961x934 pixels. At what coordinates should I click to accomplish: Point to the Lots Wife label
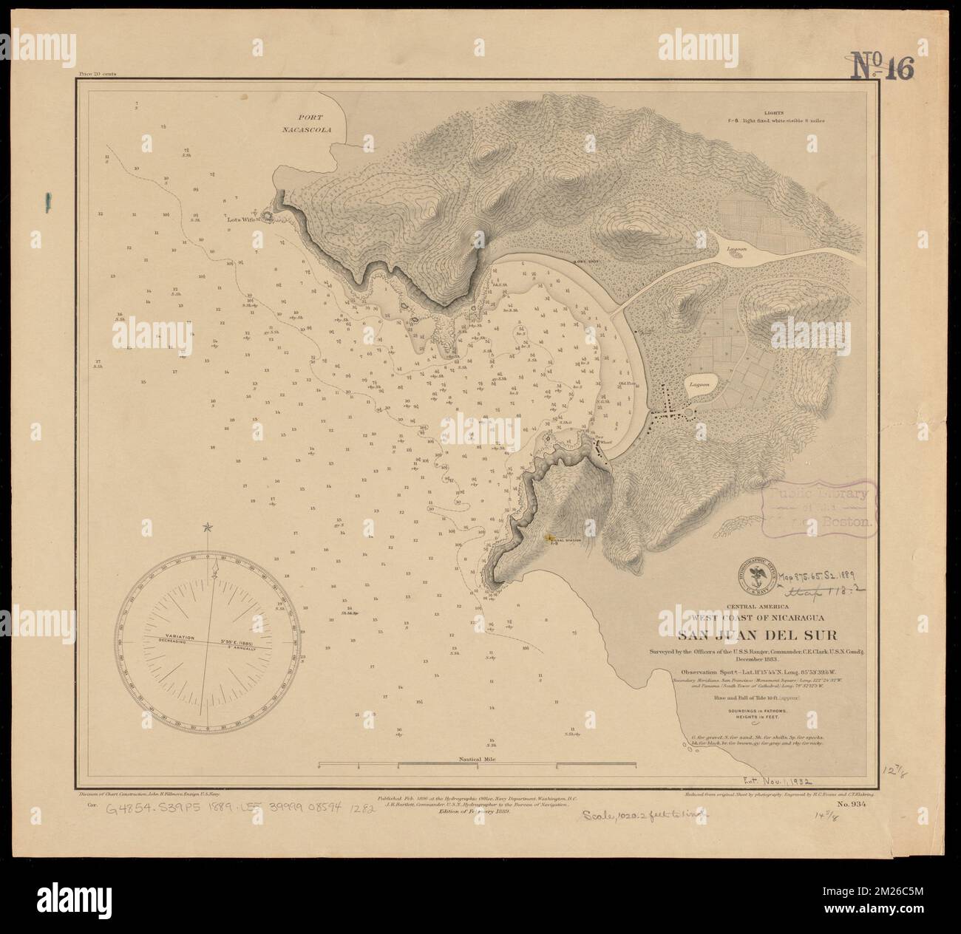tap(242, 219)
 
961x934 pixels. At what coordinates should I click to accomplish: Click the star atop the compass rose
tap(208, 527)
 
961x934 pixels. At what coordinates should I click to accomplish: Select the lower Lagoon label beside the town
tap(699, 385)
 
